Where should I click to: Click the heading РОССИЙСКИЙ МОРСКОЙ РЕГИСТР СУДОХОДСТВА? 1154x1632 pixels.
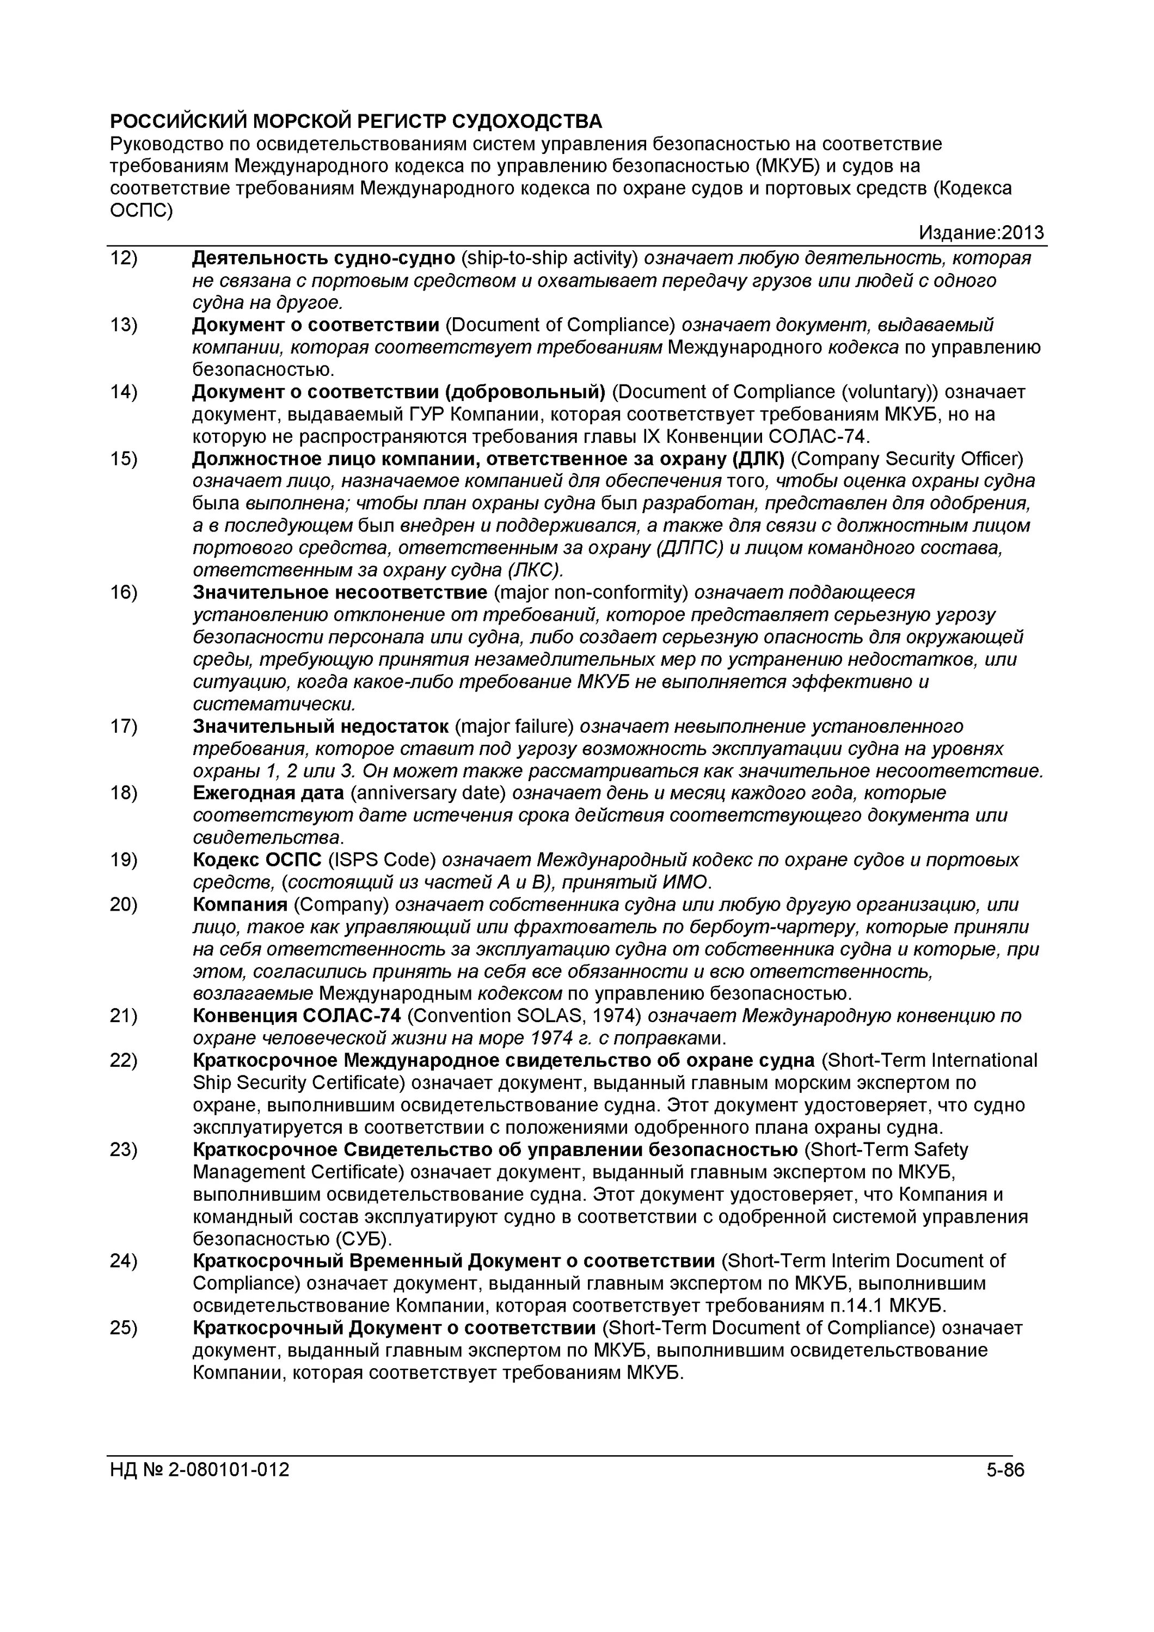click(x=355, y=121)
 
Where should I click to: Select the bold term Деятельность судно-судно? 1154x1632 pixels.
click(x=323, y=258)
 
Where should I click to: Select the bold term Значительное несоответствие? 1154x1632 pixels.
click(x=339, y=592)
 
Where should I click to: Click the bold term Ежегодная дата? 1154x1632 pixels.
click(x=268, y=793)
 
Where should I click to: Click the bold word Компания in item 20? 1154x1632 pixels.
click(x=240, y=904)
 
